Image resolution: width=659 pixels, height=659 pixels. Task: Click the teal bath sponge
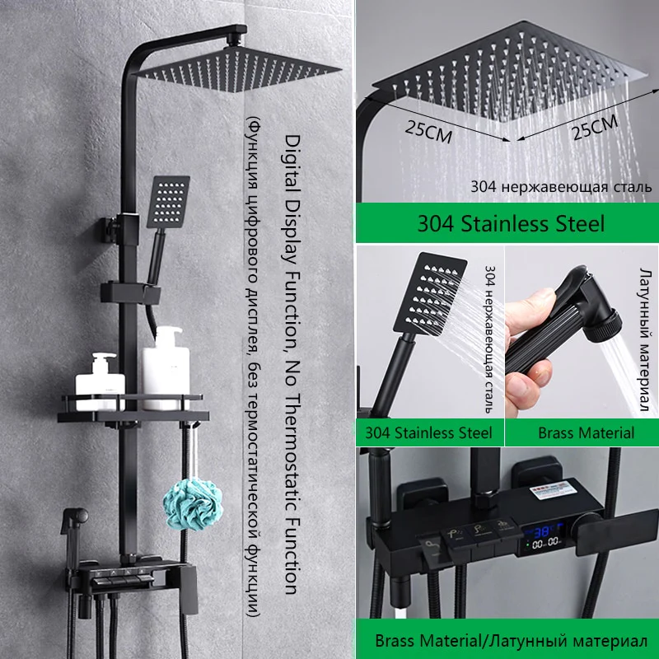(193, 504)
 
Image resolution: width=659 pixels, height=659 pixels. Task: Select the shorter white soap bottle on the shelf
(100, 381)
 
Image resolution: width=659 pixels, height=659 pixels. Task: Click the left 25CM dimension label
(428, 131)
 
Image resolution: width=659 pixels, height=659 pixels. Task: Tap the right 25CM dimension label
(594, 127)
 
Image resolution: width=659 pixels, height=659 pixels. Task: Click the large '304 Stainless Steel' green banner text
(511, 223)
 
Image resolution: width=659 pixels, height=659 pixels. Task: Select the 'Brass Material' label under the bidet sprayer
(586, 433)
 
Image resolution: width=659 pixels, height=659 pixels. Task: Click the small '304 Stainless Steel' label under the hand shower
(428, 433)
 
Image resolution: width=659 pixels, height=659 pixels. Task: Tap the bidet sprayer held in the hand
(563, 324)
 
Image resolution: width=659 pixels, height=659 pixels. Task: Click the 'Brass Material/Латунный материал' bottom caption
(511, 641)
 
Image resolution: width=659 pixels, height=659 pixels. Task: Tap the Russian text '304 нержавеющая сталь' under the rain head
(561, 187)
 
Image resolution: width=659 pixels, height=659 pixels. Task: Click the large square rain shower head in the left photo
(236, 69)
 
